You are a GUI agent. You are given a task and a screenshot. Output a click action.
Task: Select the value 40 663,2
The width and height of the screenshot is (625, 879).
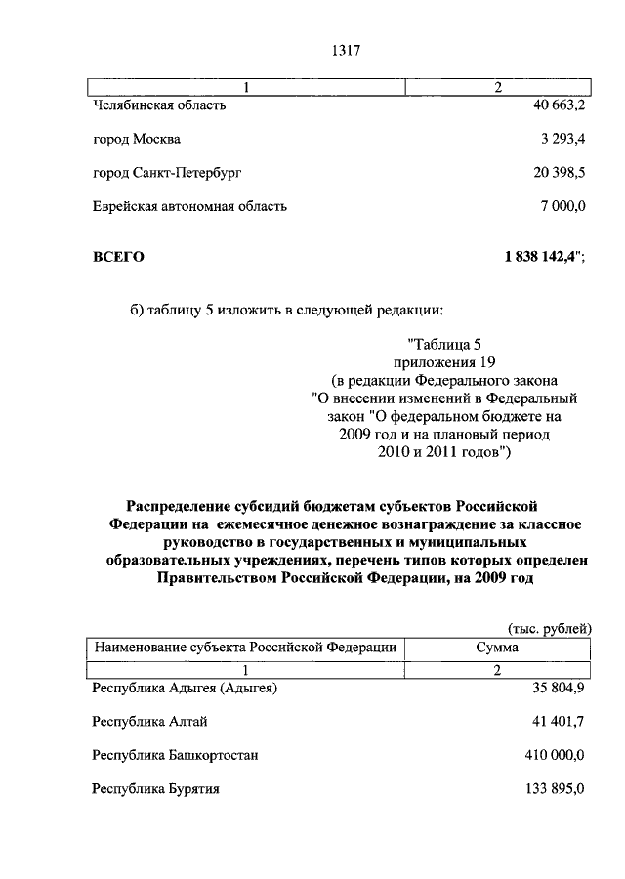tap(553, 105)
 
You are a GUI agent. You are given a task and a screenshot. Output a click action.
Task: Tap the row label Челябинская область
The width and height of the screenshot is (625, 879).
tap(159, 105)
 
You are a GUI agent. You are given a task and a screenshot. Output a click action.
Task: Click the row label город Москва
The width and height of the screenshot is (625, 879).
tap(137, 139)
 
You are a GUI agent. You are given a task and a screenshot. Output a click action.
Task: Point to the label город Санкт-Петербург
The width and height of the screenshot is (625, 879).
tap(167, 172)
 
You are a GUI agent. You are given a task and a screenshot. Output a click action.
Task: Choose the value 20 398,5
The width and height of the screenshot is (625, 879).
tap(553, 172)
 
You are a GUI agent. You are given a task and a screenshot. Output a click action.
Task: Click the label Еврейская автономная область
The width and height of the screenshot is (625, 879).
tap(189, 206)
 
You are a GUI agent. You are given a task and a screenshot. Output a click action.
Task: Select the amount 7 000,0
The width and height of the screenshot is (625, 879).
tap(561, 206)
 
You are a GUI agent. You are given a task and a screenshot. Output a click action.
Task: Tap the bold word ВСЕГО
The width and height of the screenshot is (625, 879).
tap(118, 257)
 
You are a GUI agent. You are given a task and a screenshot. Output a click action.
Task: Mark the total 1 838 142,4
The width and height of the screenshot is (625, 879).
tap(541, 257)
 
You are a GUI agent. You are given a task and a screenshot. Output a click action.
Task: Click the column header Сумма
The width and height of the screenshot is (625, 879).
tap(497, 648)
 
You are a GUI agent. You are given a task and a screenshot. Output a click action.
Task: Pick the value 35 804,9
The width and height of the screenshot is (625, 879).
tap(554, 689)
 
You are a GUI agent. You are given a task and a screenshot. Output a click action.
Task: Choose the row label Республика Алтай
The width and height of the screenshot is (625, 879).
tap(149, 722)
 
